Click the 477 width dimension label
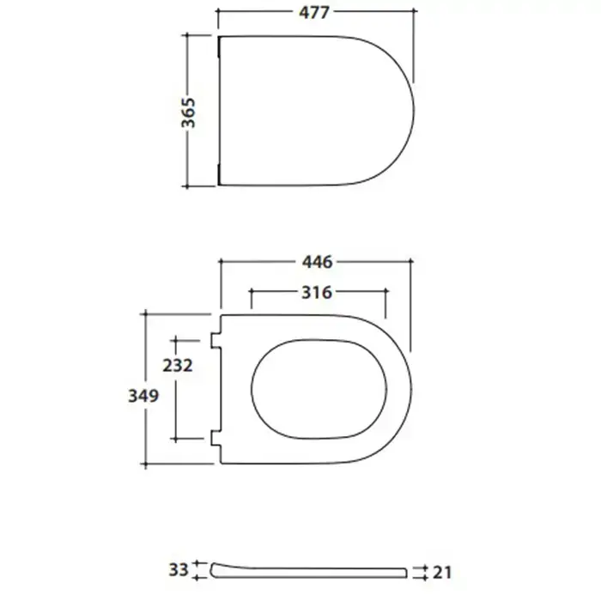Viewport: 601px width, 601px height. coord(314,13)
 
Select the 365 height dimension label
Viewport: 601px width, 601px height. coord(189,112)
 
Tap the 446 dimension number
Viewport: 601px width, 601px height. coord(317,262)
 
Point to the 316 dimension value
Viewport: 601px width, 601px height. coord(317,293)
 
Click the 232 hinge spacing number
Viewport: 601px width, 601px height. coord(178,365)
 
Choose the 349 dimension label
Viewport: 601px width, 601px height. coord(143,396)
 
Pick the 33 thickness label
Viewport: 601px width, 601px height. coord(179,570)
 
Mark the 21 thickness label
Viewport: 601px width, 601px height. coord(442,573)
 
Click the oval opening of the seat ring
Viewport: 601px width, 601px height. coord(252,389)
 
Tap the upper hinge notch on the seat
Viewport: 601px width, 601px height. coord(216,341)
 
